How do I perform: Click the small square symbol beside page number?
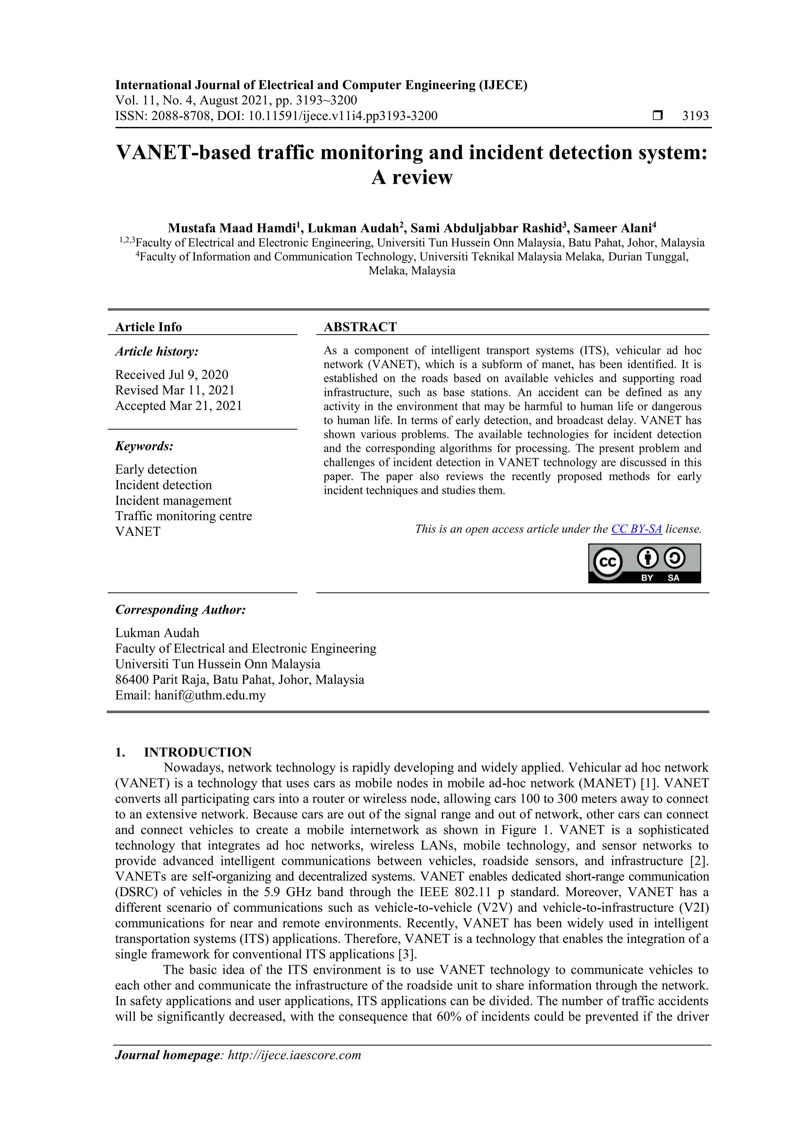coord(657,116)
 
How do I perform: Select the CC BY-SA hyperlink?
coord(636,529)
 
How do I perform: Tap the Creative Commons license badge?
coord(644,563)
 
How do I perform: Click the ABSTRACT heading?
coord(360,327)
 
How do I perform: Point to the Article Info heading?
coord(148,327)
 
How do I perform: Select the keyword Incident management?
coord(173,500)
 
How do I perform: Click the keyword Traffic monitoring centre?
coord(184,516)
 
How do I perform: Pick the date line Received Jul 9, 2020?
coord(172,375)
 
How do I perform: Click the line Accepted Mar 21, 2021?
coord(178,406)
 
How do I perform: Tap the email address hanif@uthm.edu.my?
coord(210,696)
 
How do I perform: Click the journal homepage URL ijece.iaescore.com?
coord(294,1055)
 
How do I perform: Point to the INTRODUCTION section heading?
coord(197,752)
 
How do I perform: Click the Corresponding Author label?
coord(180,610)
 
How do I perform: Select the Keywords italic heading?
coord(144,446)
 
